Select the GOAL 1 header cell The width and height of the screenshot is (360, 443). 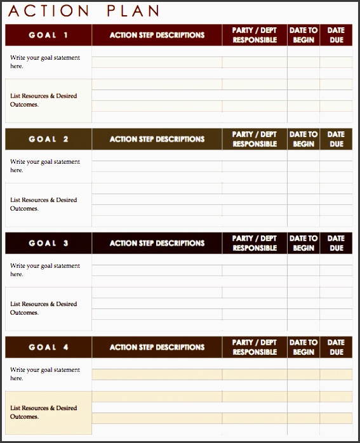(x=48, y=36)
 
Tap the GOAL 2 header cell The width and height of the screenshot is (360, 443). (x=48, y=139)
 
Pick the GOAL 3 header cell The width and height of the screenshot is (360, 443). (x=48, y=243)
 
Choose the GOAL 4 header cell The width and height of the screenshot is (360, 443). (x=48, y=347)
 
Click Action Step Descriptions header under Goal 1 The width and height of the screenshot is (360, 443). (x=157, y=36)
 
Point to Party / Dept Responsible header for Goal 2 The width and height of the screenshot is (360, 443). (x=255, y=139)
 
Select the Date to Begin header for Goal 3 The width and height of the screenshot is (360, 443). (x=303, y=243)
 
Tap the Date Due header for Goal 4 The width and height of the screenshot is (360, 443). (x=336, y=347)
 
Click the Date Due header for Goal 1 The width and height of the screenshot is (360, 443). (x=336, y=36)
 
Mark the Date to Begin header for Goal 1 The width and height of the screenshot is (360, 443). (x=303, y=36)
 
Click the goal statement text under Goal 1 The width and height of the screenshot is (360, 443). (x=44, y=62)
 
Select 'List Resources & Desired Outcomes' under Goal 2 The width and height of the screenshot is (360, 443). (x=43, y=204)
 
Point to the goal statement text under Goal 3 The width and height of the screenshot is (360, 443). (x=44, y=270)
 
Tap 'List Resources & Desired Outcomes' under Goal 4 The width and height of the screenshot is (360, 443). (x=43, y=413)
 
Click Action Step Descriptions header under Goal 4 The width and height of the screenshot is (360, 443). (x=157, y=347)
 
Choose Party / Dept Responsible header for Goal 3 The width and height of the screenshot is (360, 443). (x=255, y=243)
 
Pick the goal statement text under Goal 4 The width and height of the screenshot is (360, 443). (x=44, y=374)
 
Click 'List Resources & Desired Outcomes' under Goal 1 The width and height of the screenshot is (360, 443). (x=43, y=100)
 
